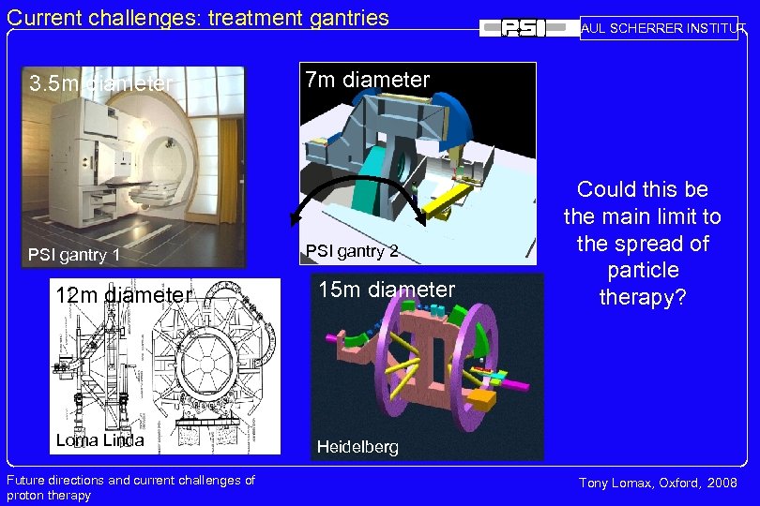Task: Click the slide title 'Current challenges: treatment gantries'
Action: point(198,16)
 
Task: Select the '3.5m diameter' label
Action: point(100,84)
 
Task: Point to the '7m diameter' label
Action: point(367,80)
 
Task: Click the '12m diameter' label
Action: point(123,295)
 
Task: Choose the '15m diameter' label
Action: point(386,290)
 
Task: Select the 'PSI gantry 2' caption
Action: point(352,250)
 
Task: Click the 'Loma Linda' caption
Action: point(99,440)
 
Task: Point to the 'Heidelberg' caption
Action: point(357,447)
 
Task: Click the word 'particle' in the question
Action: point(642,270)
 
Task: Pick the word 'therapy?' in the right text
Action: point(642,297)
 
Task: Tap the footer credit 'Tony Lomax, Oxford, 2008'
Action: point(658,483)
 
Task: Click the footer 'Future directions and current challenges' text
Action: point(130,480)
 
